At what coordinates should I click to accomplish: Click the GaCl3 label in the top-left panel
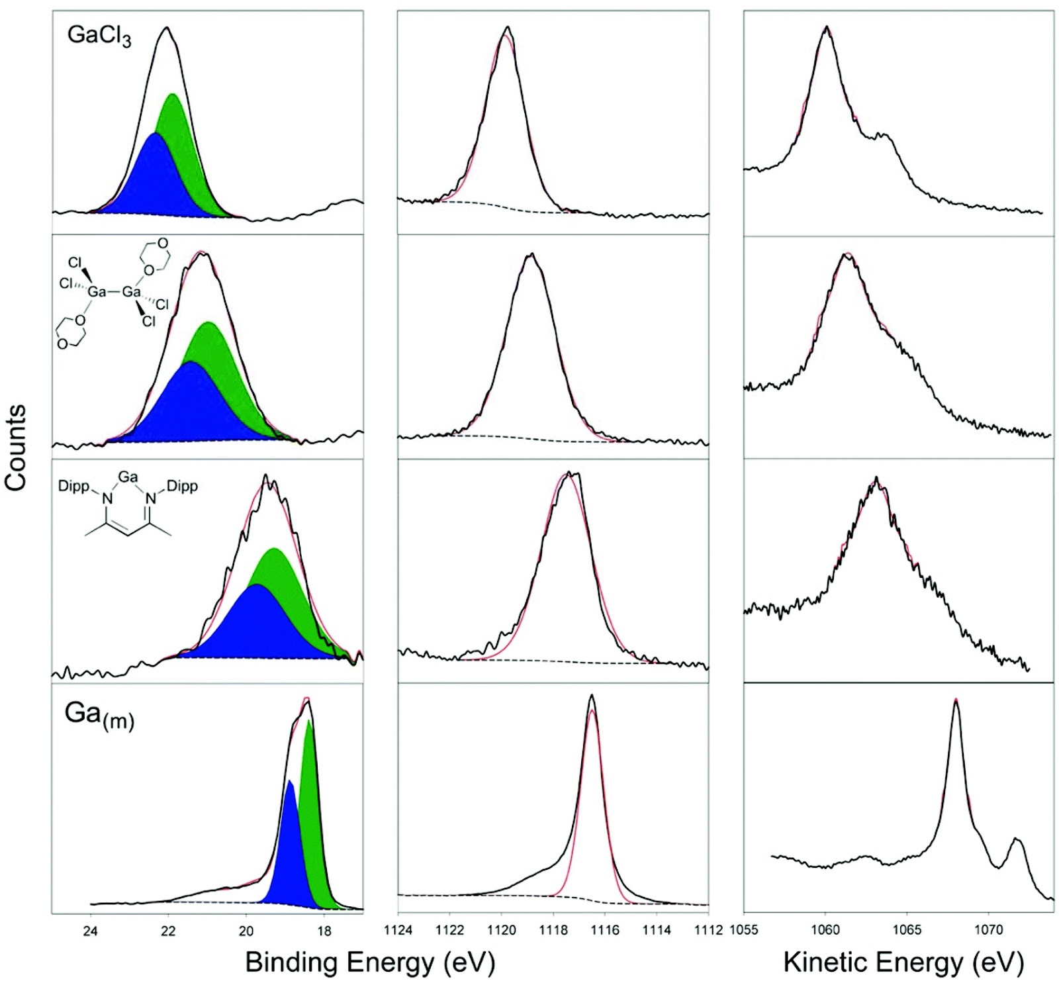[99, 36]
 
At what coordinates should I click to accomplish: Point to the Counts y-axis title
[16, 447]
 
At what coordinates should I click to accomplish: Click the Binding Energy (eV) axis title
[370, 961]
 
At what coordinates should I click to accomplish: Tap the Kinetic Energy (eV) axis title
[903, 961]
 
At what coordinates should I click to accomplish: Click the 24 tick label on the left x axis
[90, 931]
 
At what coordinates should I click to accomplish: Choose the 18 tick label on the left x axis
[324, 931]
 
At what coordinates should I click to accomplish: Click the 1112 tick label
[708, 930]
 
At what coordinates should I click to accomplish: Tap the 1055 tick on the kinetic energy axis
[744, 930]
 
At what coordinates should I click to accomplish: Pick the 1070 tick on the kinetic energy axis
[988, 930]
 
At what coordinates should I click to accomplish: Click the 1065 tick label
[907, 930]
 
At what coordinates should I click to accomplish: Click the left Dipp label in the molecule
[73, 487]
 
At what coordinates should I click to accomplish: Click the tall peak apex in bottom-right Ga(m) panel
[956, 700]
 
